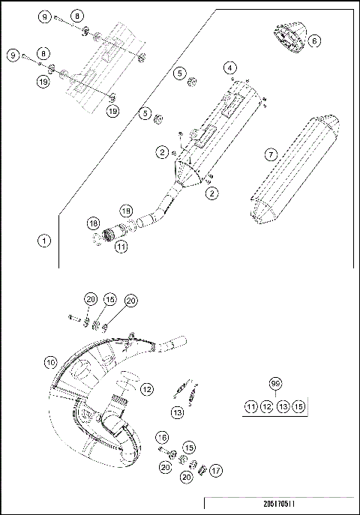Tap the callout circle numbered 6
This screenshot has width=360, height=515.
(x=313, y=40)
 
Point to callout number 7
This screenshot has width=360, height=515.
(x=271, y=154)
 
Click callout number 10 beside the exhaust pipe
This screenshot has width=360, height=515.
(x=49, y=361)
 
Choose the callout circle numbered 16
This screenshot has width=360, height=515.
(x=161, y=436)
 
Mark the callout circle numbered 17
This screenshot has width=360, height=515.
(x=216, y=471)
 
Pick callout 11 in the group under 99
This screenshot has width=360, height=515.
(x=250, y=406)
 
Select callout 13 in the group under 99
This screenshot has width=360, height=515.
(x=282, y=406)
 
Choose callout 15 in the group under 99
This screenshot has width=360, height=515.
(x=298, y=406)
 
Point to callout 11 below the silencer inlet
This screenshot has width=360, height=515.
(x=121, y=246)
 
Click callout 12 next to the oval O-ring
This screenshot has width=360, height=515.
(x=147, y=389)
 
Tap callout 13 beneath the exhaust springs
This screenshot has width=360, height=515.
(x=177, y=412)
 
